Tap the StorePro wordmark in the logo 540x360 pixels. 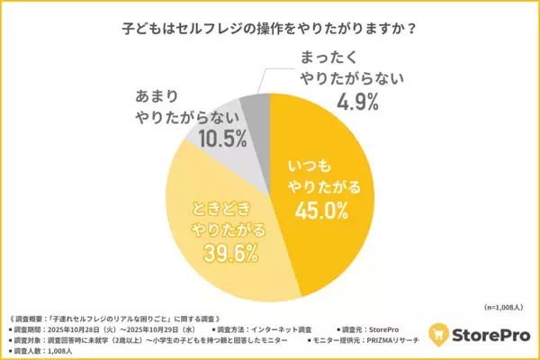click(490, 332)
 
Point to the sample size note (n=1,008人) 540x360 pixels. click(499, 306)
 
